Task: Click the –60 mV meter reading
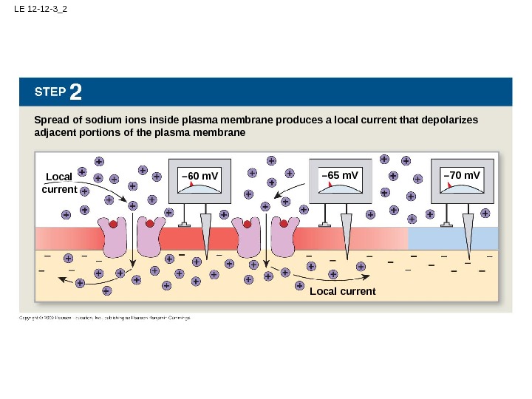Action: [x=200, y=176]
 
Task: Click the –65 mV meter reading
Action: [x=340, y=176]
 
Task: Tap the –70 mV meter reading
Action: [x=462, y=176]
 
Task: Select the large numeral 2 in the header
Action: [x=76, y=92]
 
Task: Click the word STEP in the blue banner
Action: [x=50, y=93]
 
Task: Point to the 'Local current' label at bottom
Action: [x=342, y=291]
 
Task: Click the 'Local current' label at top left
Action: [x=60, y=183]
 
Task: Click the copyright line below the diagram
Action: [x=104, y=318]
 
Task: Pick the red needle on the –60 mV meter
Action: [x=191, y=186]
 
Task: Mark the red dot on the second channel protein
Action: [x=149, y=223]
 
